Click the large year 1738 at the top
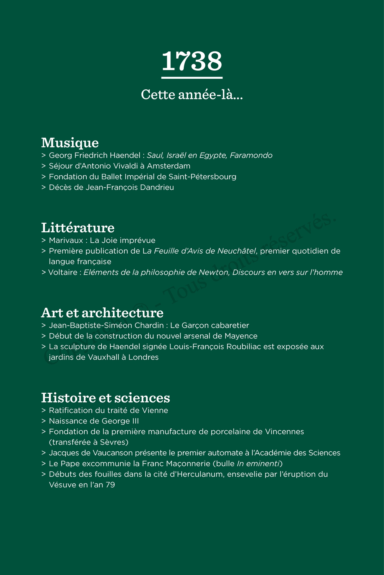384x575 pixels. pyautogui.click(x=192, y=61)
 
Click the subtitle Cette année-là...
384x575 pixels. pyautogui.click(x=192, y=95)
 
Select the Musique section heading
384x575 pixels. pyautogui.click(x=70, y=143)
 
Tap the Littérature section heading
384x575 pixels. pyautogui.click(x=78, y=228)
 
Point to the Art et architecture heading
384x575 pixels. pyautogui.click(x=102, y=313)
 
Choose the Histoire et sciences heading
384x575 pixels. pyautogui.click(x=105, y=398)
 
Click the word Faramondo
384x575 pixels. pyautogui.click(x=251, y=156)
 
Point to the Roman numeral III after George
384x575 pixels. pyautogui.click(x=135, y=421)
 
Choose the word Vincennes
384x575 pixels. pyautogui.click(x=284, y=432)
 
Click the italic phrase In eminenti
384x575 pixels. pyautogui.click(x=258, y=464)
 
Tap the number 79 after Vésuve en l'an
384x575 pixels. pyautogui.click(x=110, y=485)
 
